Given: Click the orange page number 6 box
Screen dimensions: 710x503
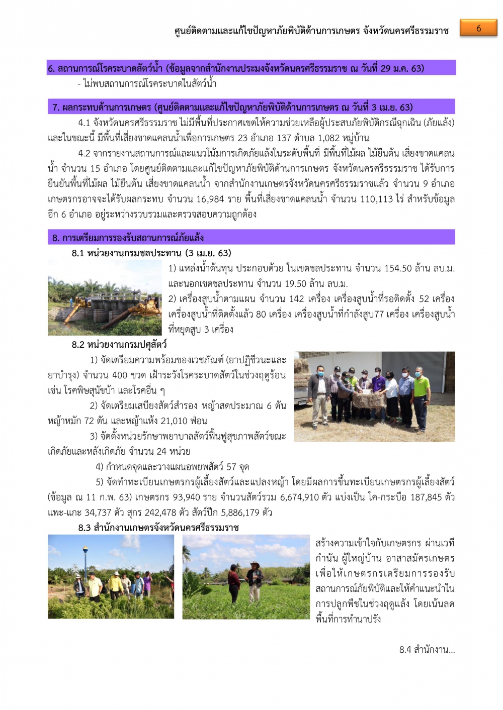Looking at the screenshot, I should click(478, 28).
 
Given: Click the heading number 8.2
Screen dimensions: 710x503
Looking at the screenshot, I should click(78, 345).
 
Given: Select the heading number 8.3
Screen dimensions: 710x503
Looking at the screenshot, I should click(85, 528).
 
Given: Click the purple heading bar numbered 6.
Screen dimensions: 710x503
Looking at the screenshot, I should click(251, 68).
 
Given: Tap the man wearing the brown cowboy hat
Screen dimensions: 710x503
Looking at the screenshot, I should click(255, 581).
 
